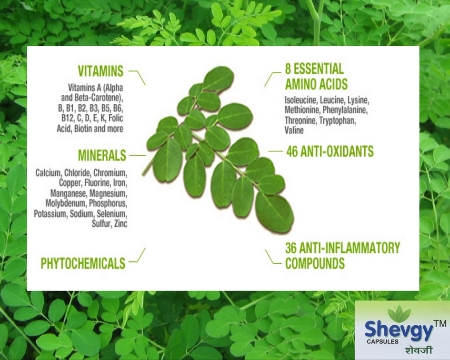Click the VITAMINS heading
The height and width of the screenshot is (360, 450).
tap(100, 71)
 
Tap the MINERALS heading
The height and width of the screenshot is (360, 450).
tap(102, 155)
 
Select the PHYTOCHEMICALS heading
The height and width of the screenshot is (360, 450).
tap(83, 263)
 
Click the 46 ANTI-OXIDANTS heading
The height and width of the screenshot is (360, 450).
tap(330, 151)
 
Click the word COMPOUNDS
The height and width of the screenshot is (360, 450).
tap(315, 263)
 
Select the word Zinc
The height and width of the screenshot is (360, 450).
tap(120, 223)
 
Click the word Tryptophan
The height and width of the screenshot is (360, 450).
tap(337, 121)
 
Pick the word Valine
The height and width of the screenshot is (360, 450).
tap(294, 130)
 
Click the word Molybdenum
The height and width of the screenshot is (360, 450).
tap(66, 203)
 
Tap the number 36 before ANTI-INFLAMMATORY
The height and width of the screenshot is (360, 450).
tap(291, 248)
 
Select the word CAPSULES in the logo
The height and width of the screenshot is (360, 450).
tap(382, 341)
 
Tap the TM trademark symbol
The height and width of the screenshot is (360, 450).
tap(440, 323)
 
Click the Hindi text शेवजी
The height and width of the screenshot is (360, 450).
tap(419, 350)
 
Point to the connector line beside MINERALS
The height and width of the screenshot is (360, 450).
tap(138, 155)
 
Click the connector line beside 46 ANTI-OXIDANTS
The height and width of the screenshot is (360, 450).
tap(276, 151)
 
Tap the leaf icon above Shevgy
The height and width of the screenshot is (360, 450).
tap(399, 314)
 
